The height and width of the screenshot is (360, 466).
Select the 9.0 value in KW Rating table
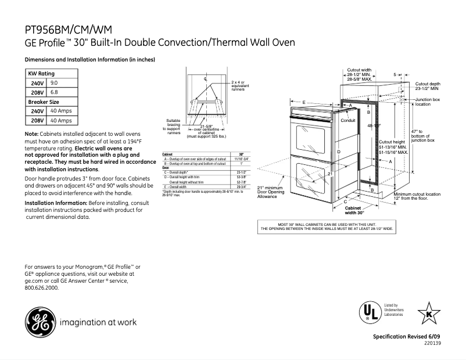(x=54, y=84)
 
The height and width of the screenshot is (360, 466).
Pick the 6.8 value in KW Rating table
(x=54, y=92)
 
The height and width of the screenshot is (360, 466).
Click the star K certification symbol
(x=429, y=313)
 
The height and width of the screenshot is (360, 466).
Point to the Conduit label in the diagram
(x=347, y=120)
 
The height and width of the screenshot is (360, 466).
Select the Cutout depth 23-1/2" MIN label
(x=428, y=87)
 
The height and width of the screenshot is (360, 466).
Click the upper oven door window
(x=311, y=137)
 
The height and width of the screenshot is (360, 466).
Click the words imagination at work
(x=98, y=322)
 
